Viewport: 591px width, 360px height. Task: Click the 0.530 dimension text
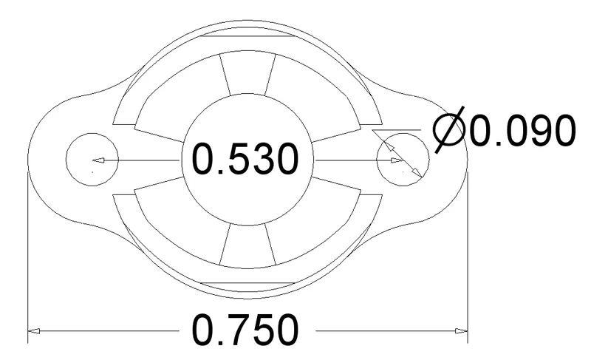[245, 159]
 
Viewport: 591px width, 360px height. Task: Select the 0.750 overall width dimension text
[245, 330]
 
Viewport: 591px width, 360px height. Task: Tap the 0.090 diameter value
[523, 130]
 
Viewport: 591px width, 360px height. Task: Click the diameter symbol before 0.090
[449, 130]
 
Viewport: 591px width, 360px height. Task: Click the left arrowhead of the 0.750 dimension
[34, 331]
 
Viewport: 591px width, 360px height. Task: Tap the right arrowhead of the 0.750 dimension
[461, 331]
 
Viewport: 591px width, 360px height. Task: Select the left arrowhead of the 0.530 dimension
[98, 160]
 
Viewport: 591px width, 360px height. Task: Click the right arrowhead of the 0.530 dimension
[397, 160]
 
